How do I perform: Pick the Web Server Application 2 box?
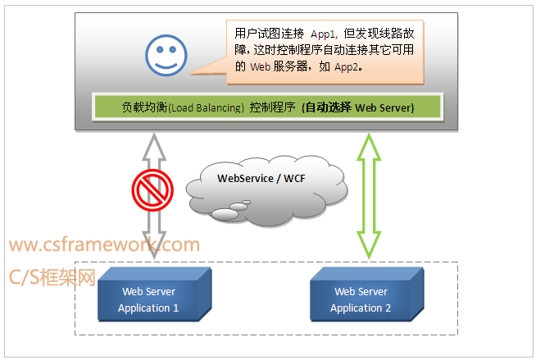(x=365, y=300)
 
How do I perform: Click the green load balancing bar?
(x=268, y=107)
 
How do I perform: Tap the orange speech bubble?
(x=324, y=52)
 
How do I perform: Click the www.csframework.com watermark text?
(x=105, y=244)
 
